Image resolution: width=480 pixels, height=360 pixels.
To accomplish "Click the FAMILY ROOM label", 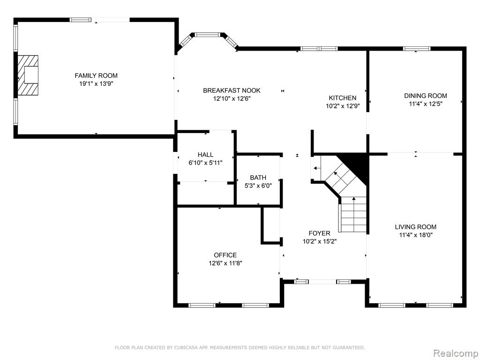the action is [x=96, y=75].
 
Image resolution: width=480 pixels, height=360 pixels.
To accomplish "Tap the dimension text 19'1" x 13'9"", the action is [x=96, y=84].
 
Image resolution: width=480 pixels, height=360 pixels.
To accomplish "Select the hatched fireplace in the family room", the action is [x=28, y=75].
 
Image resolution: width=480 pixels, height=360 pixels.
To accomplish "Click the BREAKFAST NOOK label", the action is [x=232, y=90].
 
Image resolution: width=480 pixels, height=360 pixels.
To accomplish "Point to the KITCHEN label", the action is [x=343, y=98].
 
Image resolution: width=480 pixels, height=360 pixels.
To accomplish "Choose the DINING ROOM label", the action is [x=426, y=96].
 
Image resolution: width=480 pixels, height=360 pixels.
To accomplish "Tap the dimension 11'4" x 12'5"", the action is [x=426, y=104].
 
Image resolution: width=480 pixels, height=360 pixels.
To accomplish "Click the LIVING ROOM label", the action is [x=415, y=227].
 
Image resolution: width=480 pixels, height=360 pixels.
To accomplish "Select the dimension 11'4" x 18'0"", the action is [x=415, y=235].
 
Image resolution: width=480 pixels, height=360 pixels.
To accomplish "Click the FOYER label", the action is [x=319, y=233].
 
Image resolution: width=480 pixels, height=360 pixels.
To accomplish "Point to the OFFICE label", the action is [x=225, y=255].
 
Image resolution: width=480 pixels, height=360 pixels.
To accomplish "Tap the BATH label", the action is [x=258, y=178].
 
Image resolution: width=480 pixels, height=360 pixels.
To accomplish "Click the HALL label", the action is [x=205, y=155].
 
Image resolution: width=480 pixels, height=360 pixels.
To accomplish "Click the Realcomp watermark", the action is [x=455, y=353].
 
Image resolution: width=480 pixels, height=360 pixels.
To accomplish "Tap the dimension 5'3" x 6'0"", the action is [x=258, y=186].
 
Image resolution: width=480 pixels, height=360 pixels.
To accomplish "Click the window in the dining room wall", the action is [x=417, y=49].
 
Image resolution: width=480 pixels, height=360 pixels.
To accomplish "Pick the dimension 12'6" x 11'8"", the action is [x=225, y=263].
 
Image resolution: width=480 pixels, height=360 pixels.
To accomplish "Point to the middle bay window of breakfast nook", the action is [x=208, y=35].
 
